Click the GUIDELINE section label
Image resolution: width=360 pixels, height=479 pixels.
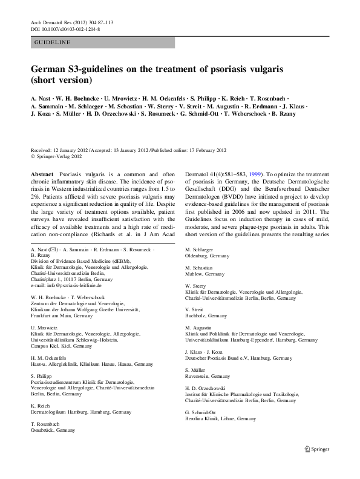tap(53, 42)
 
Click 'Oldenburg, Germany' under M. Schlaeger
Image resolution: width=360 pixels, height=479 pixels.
tap(207, 256)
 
